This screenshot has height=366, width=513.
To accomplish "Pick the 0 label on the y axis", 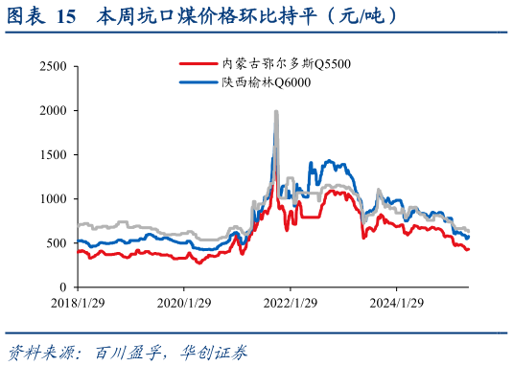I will tap(62, 286).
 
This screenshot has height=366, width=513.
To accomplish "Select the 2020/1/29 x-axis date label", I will tap(183, 303).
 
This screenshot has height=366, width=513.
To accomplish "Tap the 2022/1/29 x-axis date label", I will tap(290, 303).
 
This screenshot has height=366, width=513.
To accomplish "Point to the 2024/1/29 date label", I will tap(396, 303).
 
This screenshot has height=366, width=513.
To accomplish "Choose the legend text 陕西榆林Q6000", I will tap(261, 83).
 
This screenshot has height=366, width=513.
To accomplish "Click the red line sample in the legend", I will tap(198, 63).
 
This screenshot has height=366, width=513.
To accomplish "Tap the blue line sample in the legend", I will tap(198, 83).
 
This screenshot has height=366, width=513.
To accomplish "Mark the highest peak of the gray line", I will tap(276, 112).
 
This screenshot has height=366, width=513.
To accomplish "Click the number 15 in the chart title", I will tap(67, 16).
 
